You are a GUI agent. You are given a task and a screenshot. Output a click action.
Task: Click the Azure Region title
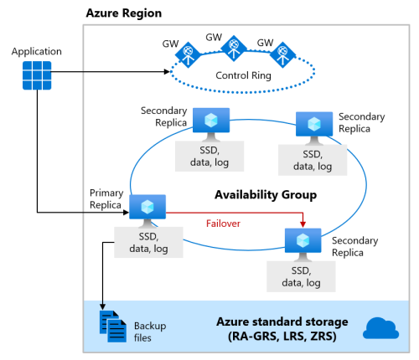tap(124, 14)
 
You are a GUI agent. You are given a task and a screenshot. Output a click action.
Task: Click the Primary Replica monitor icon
tap(147, 207)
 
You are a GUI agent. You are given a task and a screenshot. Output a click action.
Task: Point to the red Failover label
tap(224, 224)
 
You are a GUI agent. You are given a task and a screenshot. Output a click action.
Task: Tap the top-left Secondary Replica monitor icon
tap(212, 121)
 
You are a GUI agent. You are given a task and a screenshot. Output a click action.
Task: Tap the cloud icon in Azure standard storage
tap(380, 327)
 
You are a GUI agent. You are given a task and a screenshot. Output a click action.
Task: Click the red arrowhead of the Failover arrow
tap(303, 224)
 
